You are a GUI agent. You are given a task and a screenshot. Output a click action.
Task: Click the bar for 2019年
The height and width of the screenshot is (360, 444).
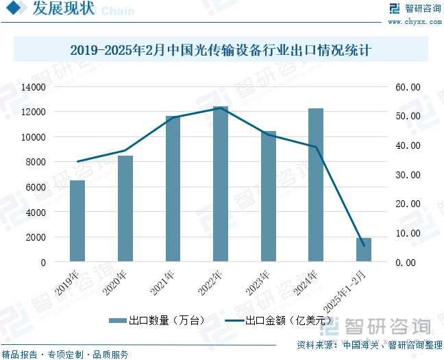coord(77,221)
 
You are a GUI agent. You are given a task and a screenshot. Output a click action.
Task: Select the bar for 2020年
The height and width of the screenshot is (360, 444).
coord(125,208)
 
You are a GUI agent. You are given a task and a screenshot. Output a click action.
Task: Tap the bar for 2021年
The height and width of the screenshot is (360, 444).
coord(173,189)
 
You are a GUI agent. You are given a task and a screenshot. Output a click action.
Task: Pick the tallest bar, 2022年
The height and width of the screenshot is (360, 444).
coord(221,184)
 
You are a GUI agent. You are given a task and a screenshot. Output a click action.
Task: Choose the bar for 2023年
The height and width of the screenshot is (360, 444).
coord(268,197)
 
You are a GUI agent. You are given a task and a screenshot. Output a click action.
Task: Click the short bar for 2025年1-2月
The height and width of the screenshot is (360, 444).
coord(364,250)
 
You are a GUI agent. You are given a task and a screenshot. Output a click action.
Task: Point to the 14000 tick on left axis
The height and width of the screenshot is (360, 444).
coord(34,87)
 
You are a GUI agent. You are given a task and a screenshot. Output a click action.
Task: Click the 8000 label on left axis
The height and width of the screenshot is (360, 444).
coord(36,162)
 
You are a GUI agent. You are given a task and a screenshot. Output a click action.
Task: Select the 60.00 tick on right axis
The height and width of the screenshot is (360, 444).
coord(408,87)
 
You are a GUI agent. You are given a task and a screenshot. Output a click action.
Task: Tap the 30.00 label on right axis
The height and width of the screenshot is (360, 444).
coord(408,175)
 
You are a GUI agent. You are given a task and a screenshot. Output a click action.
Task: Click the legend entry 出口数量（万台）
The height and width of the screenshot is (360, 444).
coord(148,320)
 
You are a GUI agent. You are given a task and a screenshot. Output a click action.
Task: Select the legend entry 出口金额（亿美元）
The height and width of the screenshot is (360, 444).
coord(277,320)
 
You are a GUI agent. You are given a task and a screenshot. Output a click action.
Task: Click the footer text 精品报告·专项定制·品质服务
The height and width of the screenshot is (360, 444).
coord(66,355)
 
